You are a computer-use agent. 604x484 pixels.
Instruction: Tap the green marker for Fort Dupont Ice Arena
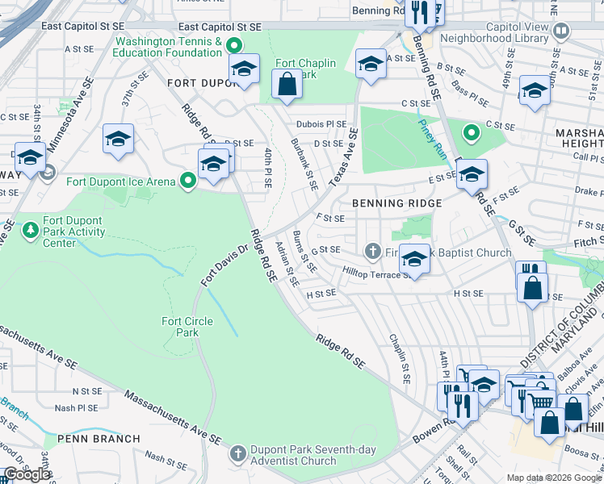tap(188, 181)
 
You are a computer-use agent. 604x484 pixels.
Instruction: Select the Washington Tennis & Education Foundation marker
tap(235, 45)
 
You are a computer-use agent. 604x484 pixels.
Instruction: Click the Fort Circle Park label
tap(187, 327)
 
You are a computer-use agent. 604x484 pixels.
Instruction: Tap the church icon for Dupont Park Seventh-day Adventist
tap(237, 453)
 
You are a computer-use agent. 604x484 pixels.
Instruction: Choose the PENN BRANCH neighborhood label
tap(92, 439)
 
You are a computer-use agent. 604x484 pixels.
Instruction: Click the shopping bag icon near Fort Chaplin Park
tap(287, 83)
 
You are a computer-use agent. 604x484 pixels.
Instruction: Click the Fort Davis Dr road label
tap(222, 263)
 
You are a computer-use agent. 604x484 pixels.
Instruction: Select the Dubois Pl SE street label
tap(321, 125)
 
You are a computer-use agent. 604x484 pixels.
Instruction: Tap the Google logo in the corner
tap(27, 474)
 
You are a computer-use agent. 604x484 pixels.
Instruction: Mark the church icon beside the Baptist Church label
tap(373, 252)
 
